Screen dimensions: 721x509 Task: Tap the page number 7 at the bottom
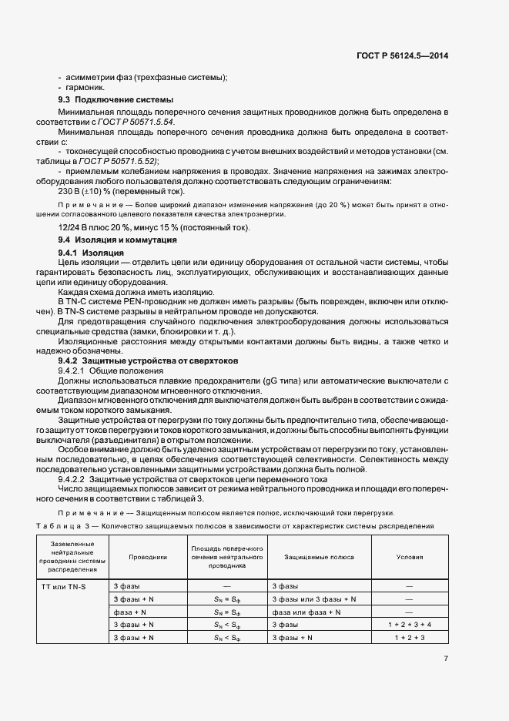tap(446, 658)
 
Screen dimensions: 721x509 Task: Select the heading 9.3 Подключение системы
tap(116, 100)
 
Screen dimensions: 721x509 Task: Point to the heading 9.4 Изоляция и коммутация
tap(112, 240)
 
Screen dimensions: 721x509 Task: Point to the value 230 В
tap(71, 191)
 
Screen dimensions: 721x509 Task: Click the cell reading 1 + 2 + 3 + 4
tap(410, 625)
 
